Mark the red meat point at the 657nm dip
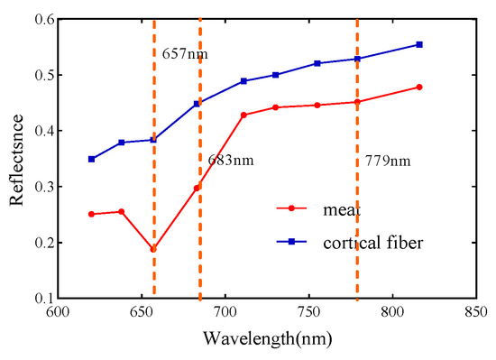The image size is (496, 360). coord(153,249)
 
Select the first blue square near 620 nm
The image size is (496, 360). coord(91,159)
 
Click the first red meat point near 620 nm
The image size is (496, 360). coord(91,214)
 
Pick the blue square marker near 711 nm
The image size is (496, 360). coord(243,81)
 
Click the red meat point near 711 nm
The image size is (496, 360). coord(243,115)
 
